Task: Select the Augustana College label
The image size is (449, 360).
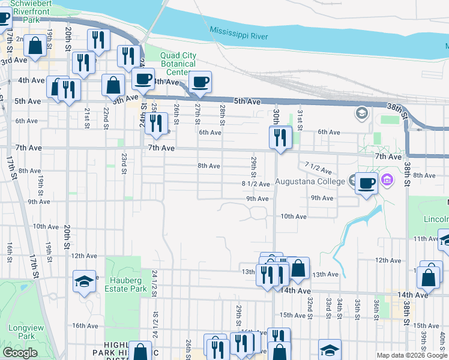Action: (x=310, y=181)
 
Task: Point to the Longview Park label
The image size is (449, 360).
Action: (x=22, y=332)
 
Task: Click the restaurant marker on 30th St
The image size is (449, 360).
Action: (x=280, y=138)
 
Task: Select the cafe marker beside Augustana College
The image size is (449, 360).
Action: (x=366, y=184)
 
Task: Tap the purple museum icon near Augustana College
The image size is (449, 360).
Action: (x=387, y=179)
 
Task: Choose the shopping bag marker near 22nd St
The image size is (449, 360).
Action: (x=113, y=85)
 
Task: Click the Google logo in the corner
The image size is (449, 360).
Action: (x=20, y=353)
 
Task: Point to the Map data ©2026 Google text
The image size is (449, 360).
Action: (x=412, y=355)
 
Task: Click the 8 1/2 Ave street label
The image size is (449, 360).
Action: (x=255, y=184)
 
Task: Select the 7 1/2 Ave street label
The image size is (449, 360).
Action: (x=318, y=168)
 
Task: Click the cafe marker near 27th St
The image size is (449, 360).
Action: (x=200, y=82)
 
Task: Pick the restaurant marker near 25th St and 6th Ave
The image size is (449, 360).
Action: (x=156, y=123)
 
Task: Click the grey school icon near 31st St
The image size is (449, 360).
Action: (x=361, y=112)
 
